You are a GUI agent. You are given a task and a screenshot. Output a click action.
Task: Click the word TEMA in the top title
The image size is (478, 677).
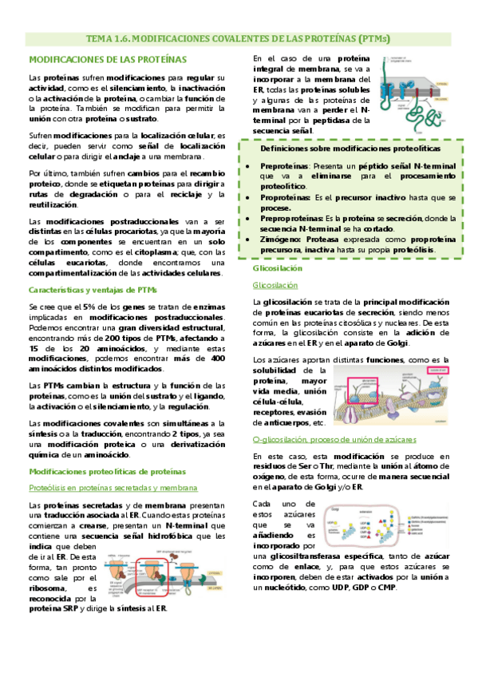coord(102,38)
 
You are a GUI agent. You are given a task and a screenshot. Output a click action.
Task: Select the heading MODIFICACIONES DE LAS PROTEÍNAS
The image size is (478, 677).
coord(108,59)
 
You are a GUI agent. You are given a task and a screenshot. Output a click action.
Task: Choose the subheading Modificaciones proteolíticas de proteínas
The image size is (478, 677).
coord(107,471)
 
